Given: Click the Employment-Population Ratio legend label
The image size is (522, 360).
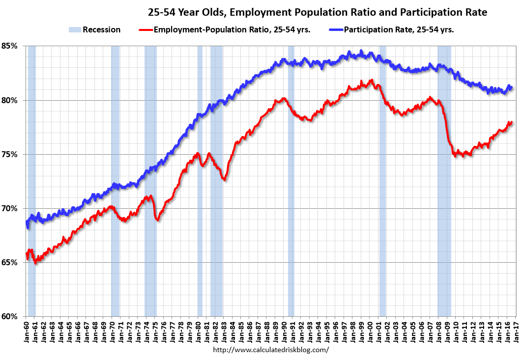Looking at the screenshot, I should [x=232, y=29].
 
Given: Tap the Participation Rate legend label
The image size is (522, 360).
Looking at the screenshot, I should [x=399, y=29].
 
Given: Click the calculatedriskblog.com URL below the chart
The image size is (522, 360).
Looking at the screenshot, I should [x=270, y=350].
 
